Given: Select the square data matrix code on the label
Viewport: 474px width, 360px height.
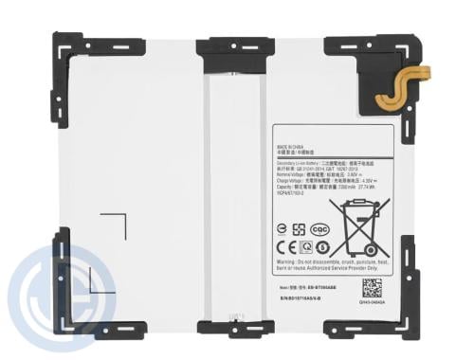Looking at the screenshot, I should tap(373, 287).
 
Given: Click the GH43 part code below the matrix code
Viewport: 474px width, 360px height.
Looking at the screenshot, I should tap(374, 302).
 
